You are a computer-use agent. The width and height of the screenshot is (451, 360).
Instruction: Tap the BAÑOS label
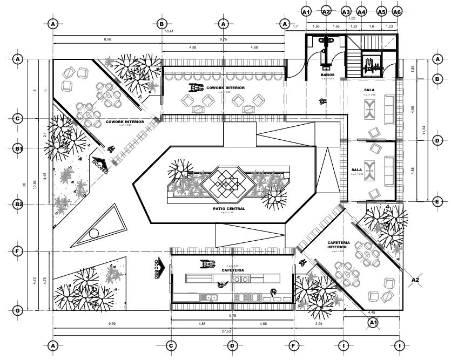pyautogui.click(x=327, y=74)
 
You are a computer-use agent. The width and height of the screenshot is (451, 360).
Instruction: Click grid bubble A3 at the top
pyautogui.click(x=346, y=11)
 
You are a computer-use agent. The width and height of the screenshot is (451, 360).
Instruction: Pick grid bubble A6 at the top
pyautogui.click(x=397, y=11)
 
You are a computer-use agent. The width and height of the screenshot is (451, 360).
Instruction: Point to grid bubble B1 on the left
pyautogui.click(x=18, y=148)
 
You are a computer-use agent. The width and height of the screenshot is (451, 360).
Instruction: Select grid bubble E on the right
pyautogui.click(x=437, y=202)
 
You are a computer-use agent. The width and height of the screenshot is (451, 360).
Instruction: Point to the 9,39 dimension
pyautogui.click(x=112, y=324)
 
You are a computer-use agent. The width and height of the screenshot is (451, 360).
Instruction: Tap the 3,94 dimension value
pyautogui.click(x=319, y=324)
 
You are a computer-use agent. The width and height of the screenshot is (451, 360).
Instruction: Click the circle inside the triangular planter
pyautogui.click(x=94, y=233)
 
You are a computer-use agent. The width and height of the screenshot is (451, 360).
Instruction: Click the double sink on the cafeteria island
pyautogui.click(x=241, y=279)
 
